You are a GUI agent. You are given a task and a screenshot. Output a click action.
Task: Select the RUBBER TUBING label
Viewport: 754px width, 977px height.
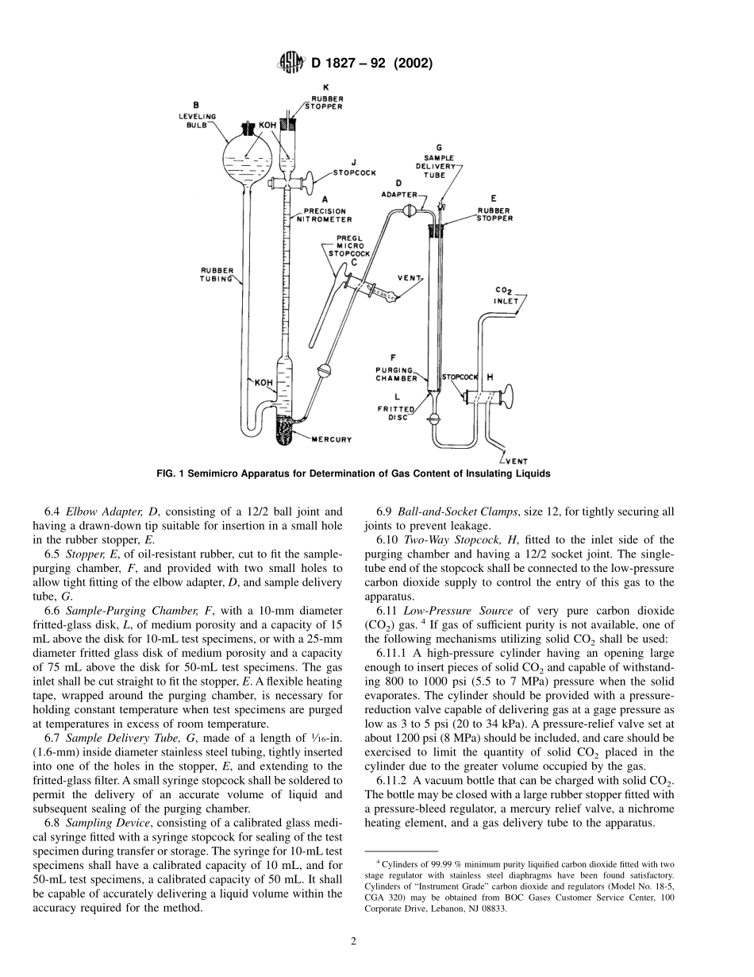coord(217,275)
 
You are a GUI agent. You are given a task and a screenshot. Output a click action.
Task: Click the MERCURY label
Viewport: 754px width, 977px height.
coord(331,439)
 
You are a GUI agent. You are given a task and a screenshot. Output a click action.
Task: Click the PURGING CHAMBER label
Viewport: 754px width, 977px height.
coord(396,373)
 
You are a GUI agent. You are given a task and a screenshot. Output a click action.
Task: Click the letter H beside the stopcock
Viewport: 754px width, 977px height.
coord(489,377)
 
